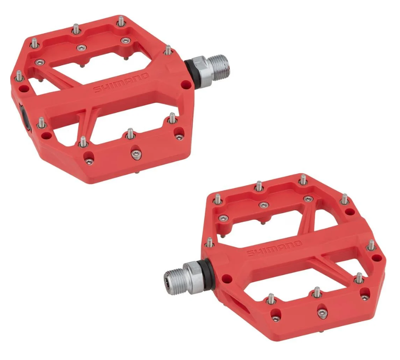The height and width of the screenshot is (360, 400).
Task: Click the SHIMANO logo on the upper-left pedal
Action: click(x=121, y=83)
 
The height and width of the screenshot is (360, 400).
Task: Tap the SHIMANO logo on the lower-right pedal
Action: click(x=275, y=248)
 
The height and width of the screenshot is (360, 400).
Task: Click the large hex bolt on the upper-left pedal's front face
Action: click(x=136, y=154)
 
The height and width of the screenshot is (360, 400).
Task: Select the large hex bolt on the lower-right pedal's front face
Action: click(x=322, y=313)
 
